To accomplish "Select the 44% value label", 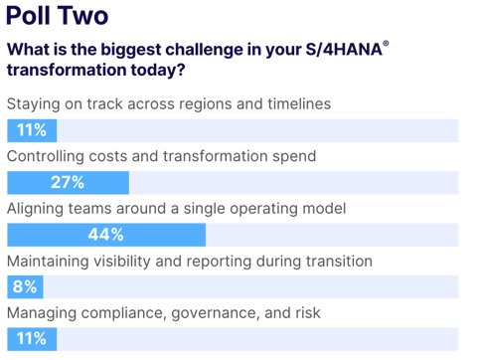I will tap(103, 235).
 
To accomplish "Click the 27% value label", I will tap(67, 183).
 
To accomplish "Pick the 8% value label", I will tap(25, 286).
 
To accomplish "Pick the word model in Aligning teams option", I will tap(322, 208).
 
